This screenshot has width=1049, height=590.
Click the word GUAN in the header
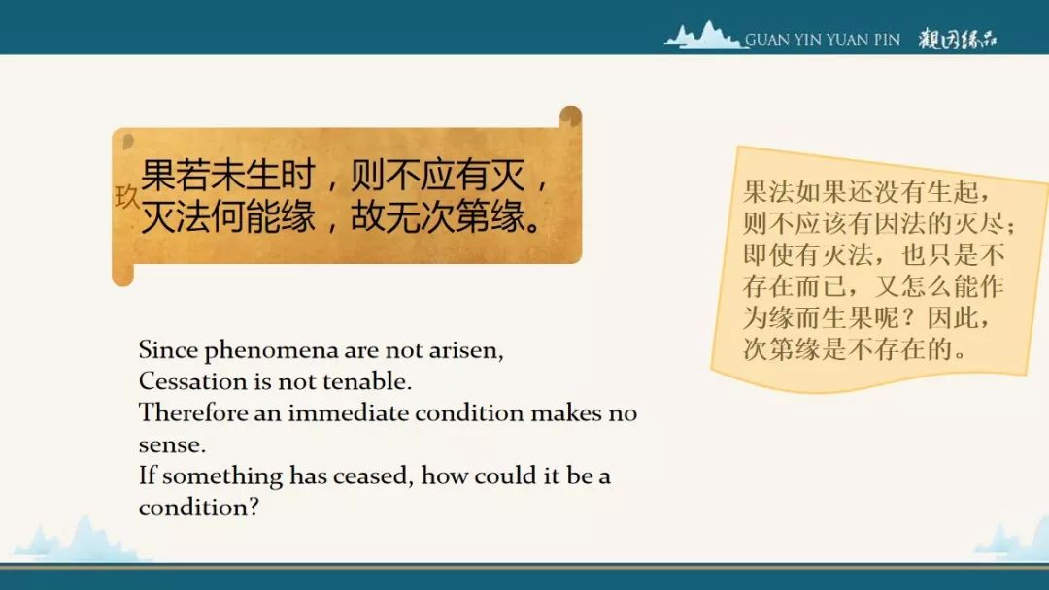(x=767, y=40)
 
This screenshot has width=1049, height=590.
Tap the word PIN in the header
(x=887, y=40)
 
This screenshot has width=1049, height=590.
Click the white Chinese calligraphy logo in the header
(x=958, y=39)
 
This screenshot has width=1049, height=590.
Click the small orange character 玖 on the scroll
(x=126, y=196)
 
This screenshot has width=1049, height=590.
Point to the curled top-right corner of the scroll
(x=571, y=115)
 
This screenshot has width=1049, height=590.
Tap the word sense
(x=172, y=445)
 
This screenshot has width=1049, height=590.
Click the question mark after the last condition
(x=253, y=508)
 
